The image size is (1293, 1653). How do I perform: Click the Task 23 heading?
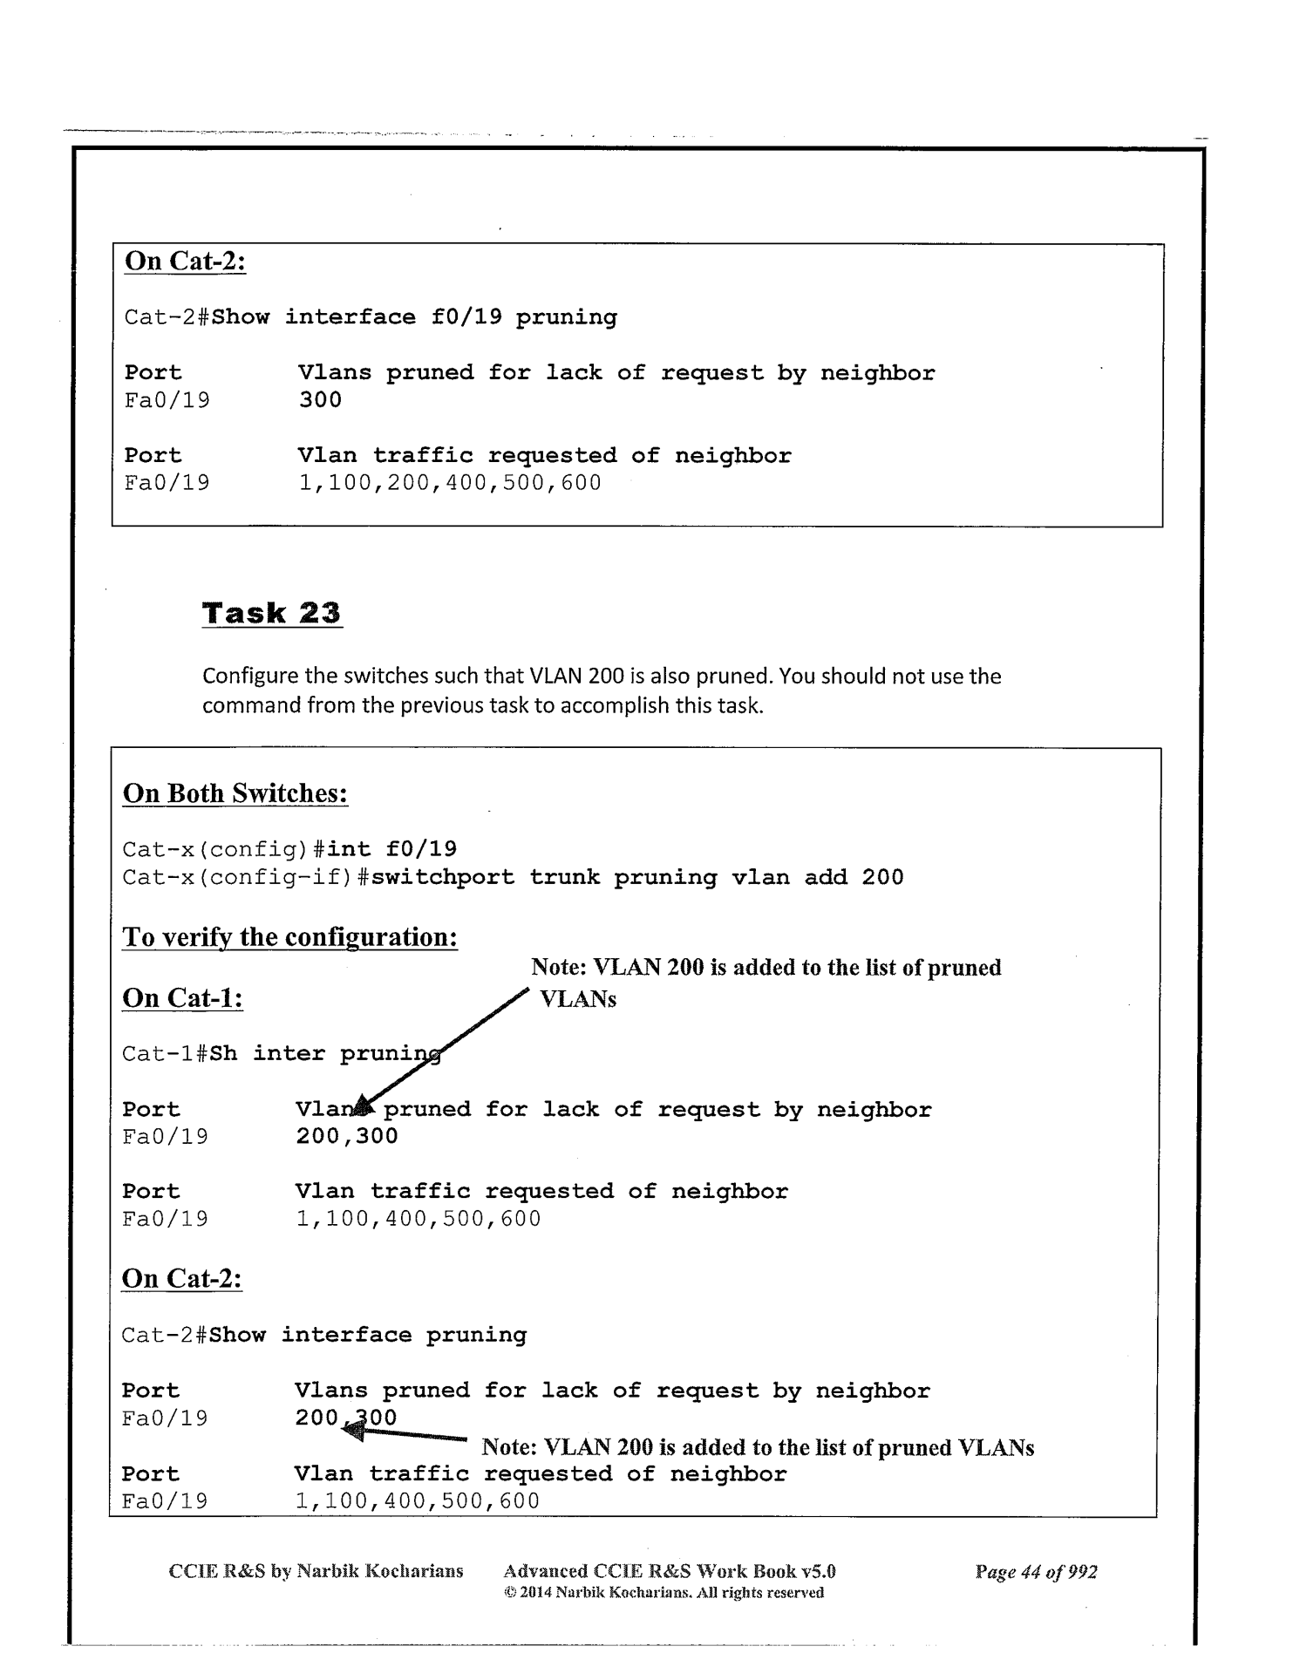point(271,613)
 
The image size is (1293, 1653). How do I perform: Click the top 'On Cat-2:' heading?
point(185,261)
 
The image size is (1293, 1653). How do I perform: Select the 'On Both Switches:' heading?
point(235,793)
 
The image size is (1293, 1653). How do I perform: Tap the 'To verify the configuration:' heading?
point(289,937)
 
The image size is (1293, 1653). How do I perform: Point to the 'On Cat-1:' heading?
point(182,997)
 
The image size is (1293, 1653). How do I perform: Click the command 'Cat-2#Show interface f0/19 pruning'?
point(371,317)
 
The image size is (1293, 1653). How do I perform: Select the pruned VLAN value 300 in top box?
point(319,400)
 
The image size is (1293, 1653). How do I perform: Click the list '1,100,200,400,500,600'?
point(449,483)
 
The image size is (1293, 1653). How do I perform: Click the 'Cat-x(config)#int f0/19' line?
point(289,849)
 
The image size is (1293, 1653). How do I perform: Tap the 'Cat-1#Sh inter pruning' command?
point(280,1053)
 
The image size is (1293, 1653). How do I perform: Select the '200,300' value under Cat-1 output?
point(346,1136)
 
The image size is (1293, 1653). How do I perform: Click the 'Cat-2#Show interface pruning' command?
point(323,1335)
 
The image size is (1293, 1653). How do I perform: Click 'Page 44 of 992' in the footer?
point(1036,1572)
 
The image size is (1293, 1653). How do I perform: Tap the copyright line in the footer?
point(664,1593)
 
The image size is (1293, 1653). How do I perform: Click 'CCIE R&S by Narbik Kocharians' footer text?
point(315,1572)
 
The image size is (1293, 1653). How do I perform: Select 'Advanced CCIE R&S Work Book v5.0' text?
point(669,1572)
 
